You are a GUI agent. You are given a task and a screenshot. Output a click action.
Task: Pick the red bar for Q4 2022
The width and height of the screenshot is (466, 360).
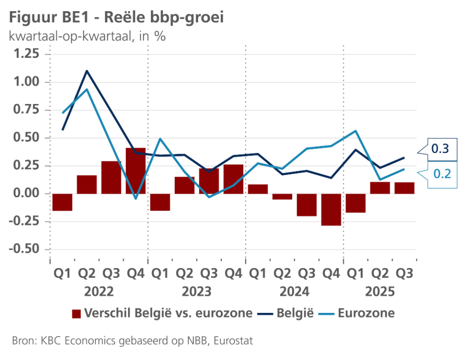click(x=135, y=171)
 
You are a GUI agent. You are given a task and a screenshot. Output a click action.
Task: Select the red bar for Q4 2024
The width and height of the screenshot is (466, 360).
click(x=331, y=209)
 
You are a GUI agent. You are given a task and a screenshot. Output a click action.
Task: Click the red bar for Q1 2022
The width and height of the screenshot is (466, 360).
click(x=62, y=202)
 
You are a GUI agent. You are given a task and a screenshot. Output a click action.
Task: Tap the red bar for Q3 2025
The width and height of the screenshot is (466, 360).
click(x=404, y=188)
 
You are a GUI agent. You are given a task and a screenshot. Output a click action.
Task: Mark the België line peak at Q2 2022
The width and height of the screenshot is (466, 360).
click(x=87, y=71)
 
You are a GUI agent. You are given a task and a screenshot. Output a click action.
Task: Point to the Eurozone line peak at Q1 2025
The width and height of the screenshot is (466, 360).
click(x=355, y=131)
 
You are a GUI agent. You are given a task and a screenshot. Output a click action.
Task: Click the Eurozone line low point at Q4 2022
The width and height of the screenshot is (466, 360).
click(x=135, y=199)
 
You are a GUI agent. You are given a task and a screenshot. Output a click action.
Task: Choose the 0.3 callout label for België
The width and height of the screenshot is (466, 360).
click(x=440, y=149)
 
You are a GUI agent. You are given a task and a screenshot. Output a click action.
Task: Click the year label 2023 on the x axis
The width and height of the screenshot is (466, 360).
click(x=197, y=292)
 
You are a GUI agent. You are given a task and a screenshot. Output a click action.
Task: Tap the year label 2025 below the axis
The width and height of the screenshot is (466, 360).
click(x=380, y=292)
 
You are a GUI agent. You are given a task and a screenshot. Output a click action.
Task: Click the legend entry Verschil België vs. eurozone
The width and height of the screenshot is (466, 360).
click(x=162, y=313)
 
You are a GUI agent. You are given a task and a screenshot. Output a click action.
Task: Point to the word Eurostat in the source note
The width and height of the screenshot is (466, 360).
click(x=235, y=341)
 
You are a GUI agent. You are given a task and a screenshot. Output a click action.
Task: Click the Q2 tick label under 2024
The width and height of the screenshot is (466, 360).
click(x=282, y=274)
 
